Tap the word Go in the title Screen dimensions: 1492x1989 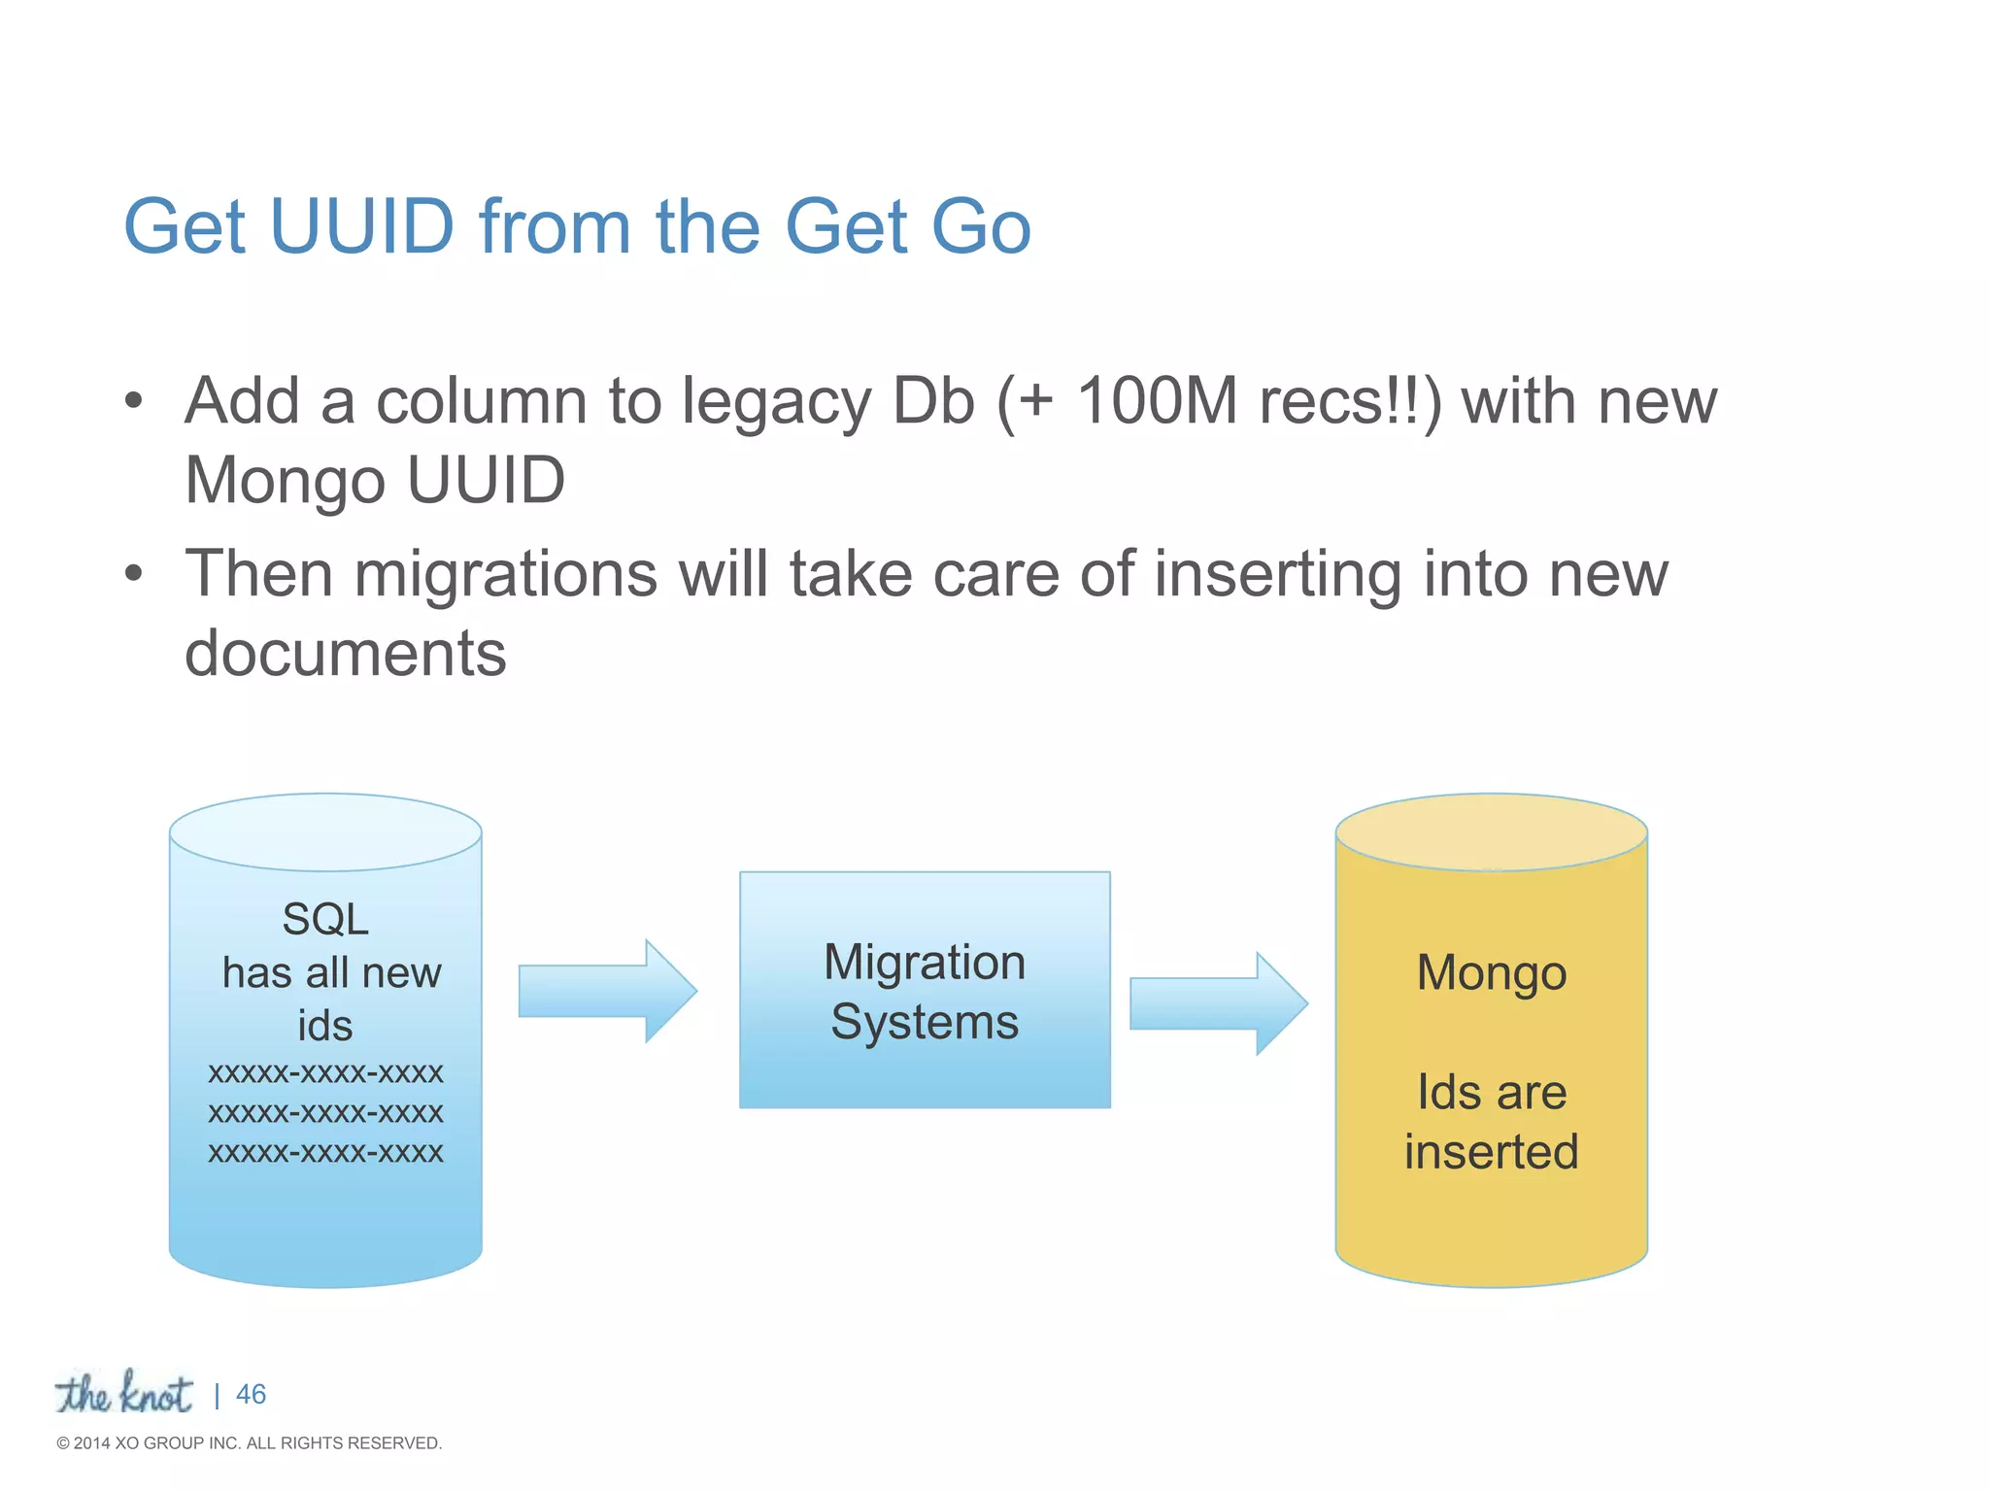point(980,226)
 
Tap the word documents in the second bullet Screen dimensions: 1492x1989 point(346,653)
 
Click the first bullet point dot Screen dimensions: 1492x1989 point(134,400)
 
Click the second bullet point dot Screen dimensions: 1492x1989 point(134,573)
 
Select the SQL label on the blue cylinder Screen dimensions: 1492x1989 point(325,919)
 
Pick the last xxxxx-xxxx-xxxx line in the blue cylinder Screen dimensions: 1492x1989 point(325,1153)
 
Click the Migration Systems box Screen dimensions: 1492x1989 point(925,990)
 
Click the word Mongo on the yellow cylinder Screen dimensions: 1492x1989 point(1491,972)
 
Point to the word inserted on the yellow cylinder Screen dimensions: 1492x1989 point(1491,1152)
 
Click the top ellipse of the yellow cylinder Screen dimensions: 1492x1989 point(1491,831)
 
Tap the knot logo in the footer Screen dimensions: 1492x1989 point(123,1394)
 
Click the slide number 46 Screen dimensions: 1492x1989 point(251,1395)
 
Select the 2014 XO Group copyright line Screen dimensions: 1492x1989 point(250,1443)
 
